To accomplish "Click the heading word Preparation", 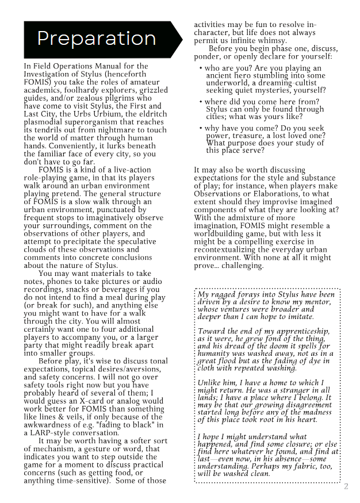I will [x=96, y=39].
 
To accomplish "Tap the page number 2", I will [x=346, y=487].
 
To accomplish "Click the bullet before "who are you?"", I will [x=201, y=68].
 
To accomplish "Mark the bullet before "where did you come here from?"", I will [x=201, y=102].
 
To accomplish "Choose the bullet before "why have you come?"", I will [x=201, y=129].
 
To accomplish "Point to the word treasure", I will [x=248, y=136].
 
